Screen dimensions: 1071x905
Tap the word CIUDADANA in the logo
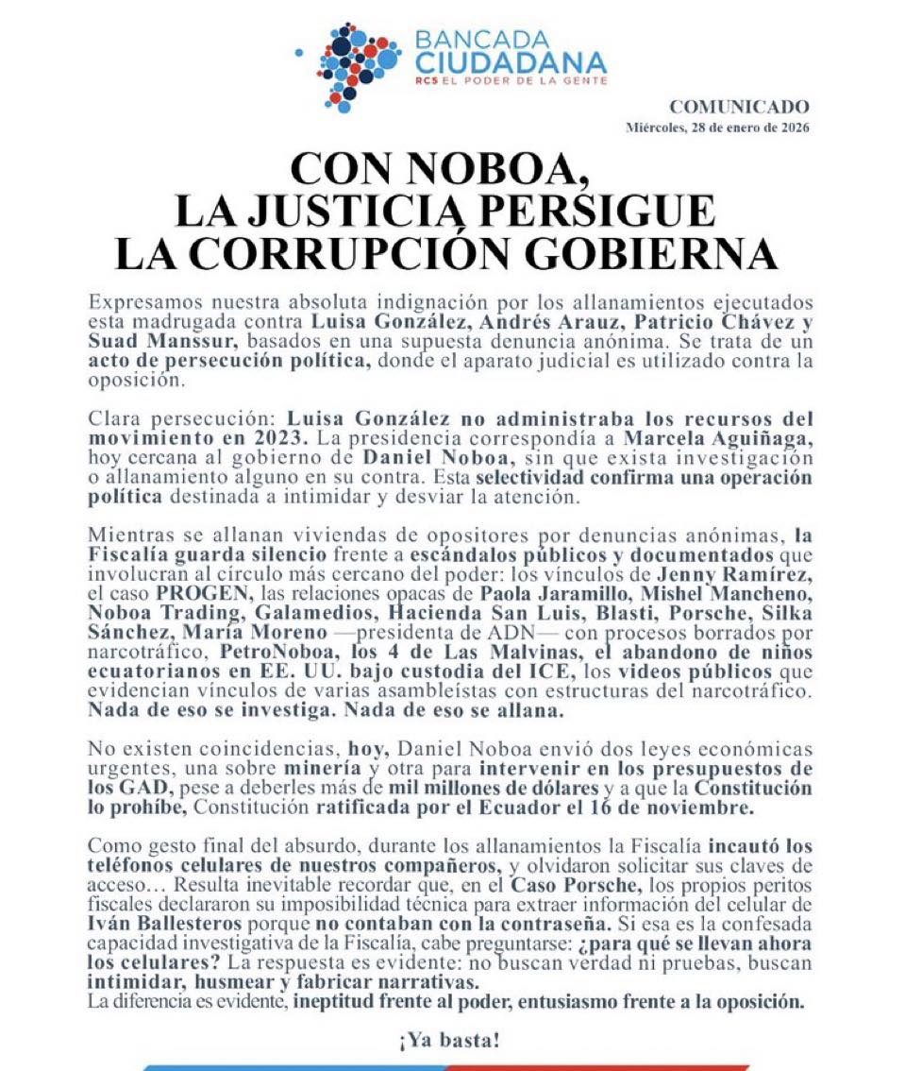(510, 64)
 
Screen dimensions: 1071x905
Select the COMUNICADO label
(739, 108)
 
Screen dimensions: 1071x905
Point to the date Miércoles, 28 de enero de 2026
(717, 127)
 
